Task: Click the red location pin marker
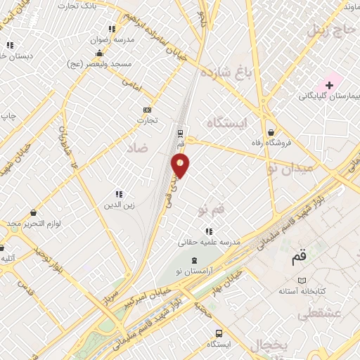click(181, 165)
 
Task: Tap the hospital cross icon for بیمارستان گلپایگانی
click(329, 84)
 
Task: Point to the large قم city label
click(300, 257)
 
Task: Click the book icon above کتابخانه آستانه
click(302, 280)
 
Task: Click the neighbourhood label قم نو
click(210, 210)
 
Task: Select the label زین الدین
click(120, 205)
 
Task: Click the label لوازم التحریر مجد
click(35, 224)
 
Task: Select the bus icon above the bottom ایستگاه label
click(219, 333)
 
